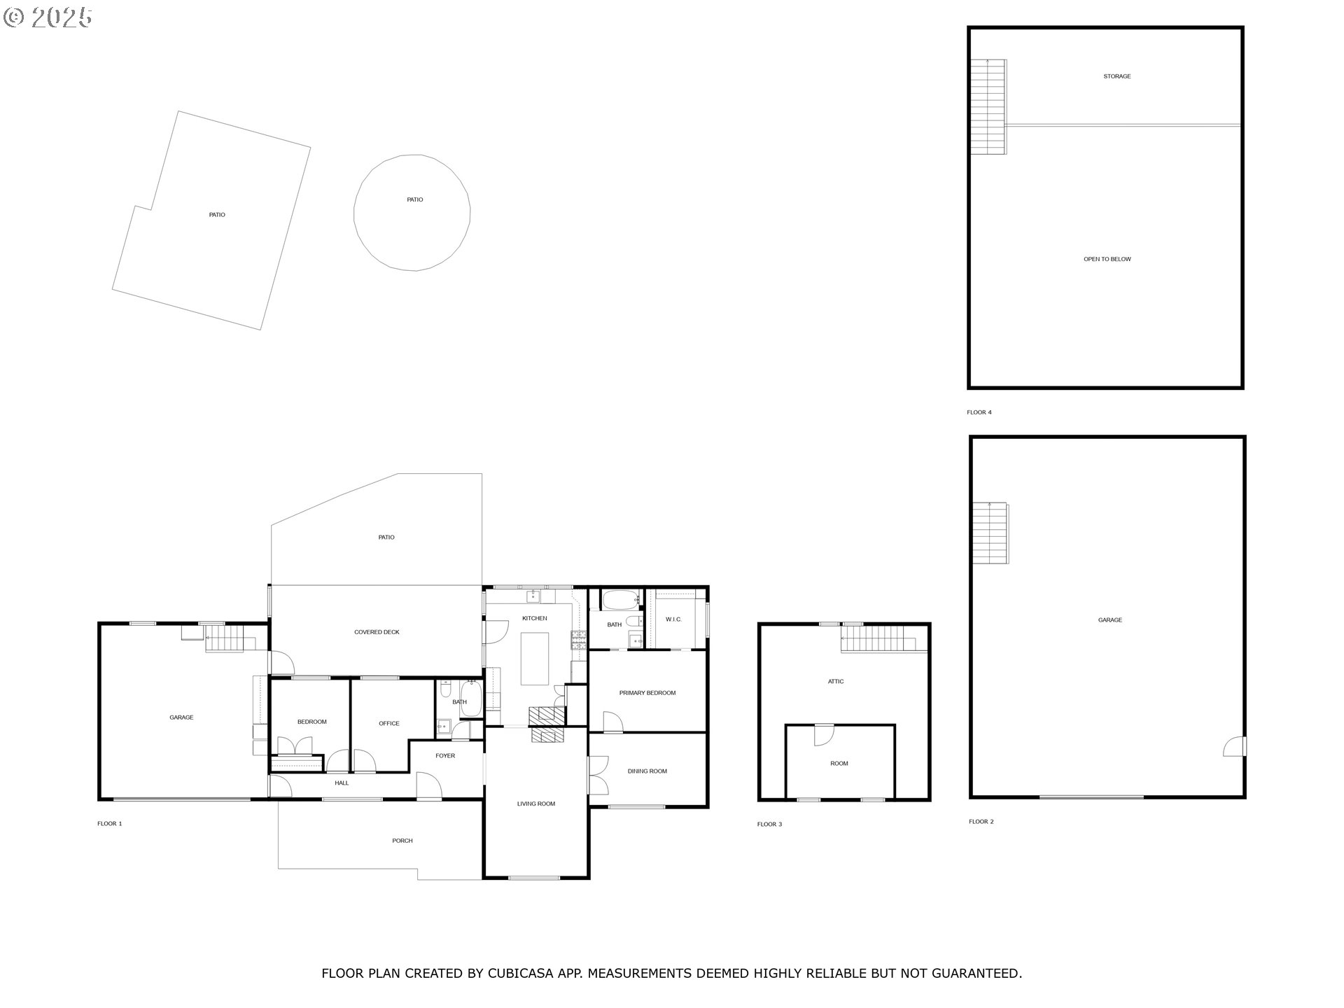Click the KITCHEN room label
(x=534, y=618)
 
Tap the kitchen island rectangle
(x=535, y=658)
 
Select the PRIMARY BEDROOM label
(x=647, y=693)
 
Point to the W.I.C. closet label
(x=673, y=619)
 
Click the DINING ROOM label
(x=647, y=771)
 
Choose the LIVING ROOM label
(x=536, y=804)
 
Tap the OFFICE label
(x=389, y=724)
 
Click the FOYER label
(x=445, y=756)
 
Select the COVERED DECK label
(x=377, y=632)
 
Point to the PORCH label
(x=402, y=841)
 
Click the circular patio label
(x=415, y=199)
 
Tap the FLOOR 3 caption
(x=769, y=825)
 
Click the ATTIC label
(x=836, y=681)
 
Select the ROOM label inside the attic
(x=839, y=764)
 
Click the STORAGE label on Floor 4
(x=1117, y=76)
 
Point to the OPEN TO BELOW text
(x=1107, y=259)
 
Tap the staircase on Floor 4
(x=988, y=107)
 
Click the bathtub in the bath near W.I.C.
(x=620, y=599)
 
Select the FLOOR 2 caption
(x=981, y=822)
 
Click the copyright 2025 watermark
(x=48, y=17)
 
